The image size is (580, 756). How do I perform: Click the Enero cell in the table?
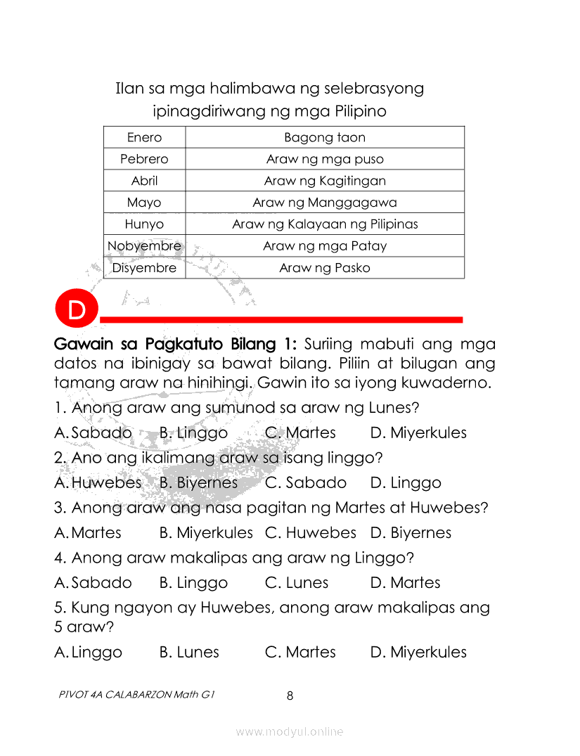tap(144, 137)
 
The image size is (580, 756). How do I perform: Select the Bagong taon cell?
tap(325, 137)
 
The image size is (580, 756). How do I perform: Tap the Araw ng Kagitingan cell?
tap(325, 181)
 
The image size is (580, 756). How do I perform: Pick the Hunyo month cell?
tap(144, 224)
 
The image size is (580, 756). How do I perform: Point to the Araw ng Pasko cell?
tap(325, 268)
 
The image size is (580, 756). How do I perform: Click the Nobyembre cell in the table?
tap(144, 246)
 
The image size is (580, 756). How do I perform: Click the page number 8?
tap(290, 696)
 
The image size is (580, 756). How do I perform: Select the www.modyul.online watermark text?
tap(290, 732)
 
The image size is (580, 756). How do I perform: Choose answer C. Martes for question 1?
tap(300, 433)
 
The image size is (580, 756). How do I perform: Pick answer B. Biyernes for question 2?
tap(198, 483)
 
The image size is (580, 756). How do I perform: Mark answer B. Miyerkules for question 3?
tap(206, 533)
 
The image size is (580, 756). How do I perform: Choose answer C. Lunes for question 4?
tap(297, 583)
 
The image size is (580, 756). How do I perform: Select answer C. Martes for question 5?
tap(300, 653)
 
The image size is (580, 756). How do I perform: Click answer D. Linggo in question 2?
tap(406, 483)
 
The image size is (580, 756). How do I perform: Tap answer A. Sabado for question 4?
tap(93, 583)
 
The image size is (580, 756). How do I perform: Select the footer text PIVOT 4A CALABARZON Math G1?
tap(136, 694)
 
